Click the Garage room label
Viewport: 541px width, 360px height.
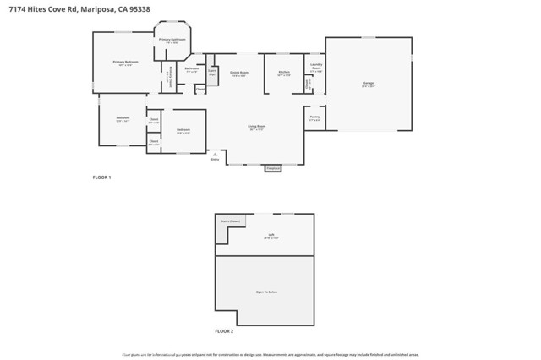point(368,83)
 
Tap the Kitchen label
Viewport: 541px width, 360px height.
point(284,72)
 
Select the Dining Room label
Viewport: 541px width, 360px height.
point(239,73)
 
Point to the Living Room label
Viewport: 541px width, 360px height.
point(256,126)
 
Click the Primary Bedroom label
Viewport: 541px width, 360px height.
point(125,62)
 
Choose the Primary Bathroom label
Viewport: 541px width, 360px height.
point(172,40)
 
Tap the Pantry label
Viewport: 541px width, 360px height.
point(314,117)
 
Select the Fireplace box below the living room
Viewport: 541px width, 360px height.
point(272,168)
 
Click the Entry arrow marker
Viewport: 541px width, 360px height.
point(216,155)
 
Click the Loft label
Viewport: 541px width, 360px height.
point(271,235)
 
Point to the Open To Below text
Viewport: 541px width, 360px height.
point(267,291)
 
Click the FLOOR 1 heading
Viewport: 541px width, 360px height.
point(101,177)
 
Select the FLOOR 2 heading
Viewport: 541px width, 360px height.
point(224,331)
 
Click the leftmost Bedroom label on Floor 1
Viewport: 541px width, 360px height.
point(123,117)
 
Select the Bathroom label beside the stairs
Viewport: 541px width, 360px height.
point(192,68)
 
